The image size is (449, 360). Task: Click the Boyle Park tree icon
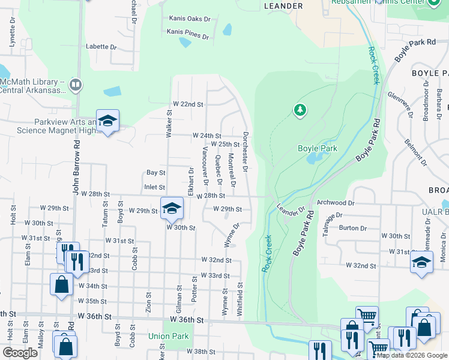tap(300, 110)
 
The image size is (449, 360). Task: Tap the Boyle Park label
tap(318, 148)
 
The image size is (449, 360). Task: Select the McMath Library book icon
tap(75, 85)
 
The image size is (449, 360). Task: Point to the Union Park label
tap(169, 336)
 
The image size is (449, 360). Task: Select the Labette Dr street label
tap(101, 46)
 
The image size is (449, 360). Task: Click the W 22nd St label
tap(188, 104)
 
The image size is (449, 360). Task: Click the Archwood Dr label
tap(336, 203)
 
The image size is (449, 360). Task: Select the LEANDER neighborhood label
tap(283, 6)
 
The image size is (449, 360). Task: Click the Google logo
tap(20, 352)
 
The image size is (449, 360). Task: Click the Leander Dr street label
tap(291, 211)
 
